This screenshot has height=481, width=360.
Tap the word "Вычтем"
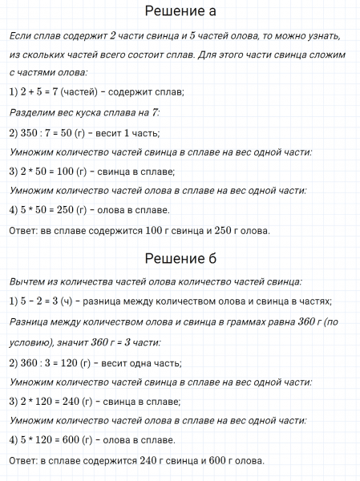click(x=29, y=281)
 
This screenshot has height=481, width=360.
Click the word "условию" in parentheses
click(x=27, y=341)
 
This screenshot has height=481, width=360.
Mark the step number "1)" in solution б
click(x=14, y=301)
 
